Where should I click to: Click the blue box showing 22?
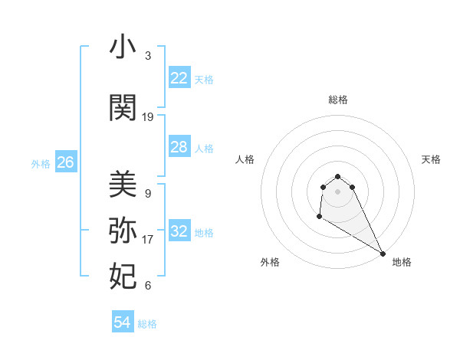point(179,78)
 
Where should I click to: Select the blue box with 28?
point(179,147)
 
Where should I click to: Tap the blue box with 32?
point(179,231)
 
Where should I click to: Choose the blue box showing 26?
point(65,162)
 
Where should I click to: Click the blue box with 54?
point(122,322)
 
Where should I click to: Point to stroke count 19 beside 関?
point(148,117)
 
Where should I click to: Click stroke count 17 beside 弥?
point(148,240)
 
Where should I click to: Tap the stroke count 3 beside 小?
point(148,56)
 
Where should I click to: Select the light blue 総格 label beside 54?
point(147,324)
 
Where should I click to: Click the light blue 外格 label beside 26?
point(41,163)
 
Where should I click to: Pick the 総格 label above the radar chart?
point(338,100)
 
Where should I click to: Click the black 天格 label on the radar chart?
point(432,159)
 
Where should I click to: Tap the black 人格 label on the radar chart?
point(245,159)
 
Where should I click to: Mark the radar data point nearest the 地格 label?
point(383,254)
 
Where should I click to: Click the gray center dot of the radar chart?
point(338,191)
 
